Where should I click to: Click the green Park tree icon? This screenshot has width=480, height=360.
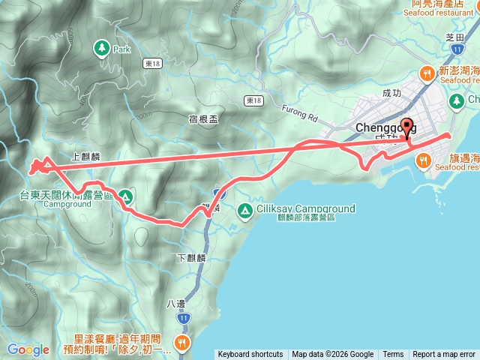100,48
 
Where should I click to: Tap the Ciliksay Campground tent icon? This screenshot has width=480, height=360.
244,211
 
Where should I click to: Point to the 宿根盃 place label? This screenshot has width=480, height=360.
203,118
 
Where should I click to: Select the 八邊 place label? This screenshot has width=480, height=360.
173,305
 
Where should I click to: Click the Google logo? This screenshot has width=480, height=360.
28,349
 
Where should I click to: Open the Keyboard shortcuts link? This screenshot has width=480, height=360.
250,355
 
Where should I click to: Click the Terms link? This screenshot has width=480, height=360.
393,355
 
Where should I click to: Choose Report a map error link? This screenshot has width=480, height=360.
444,355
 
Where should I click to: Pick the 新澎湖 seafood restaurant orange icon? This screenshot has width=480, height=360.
427,73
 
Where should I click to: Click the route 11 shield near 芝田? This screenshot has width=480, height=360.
456,49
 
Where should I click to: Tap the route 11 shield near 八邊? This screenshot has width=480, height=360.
184,319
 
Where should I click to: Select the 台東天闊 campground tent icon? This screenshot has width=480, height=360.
125,197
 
